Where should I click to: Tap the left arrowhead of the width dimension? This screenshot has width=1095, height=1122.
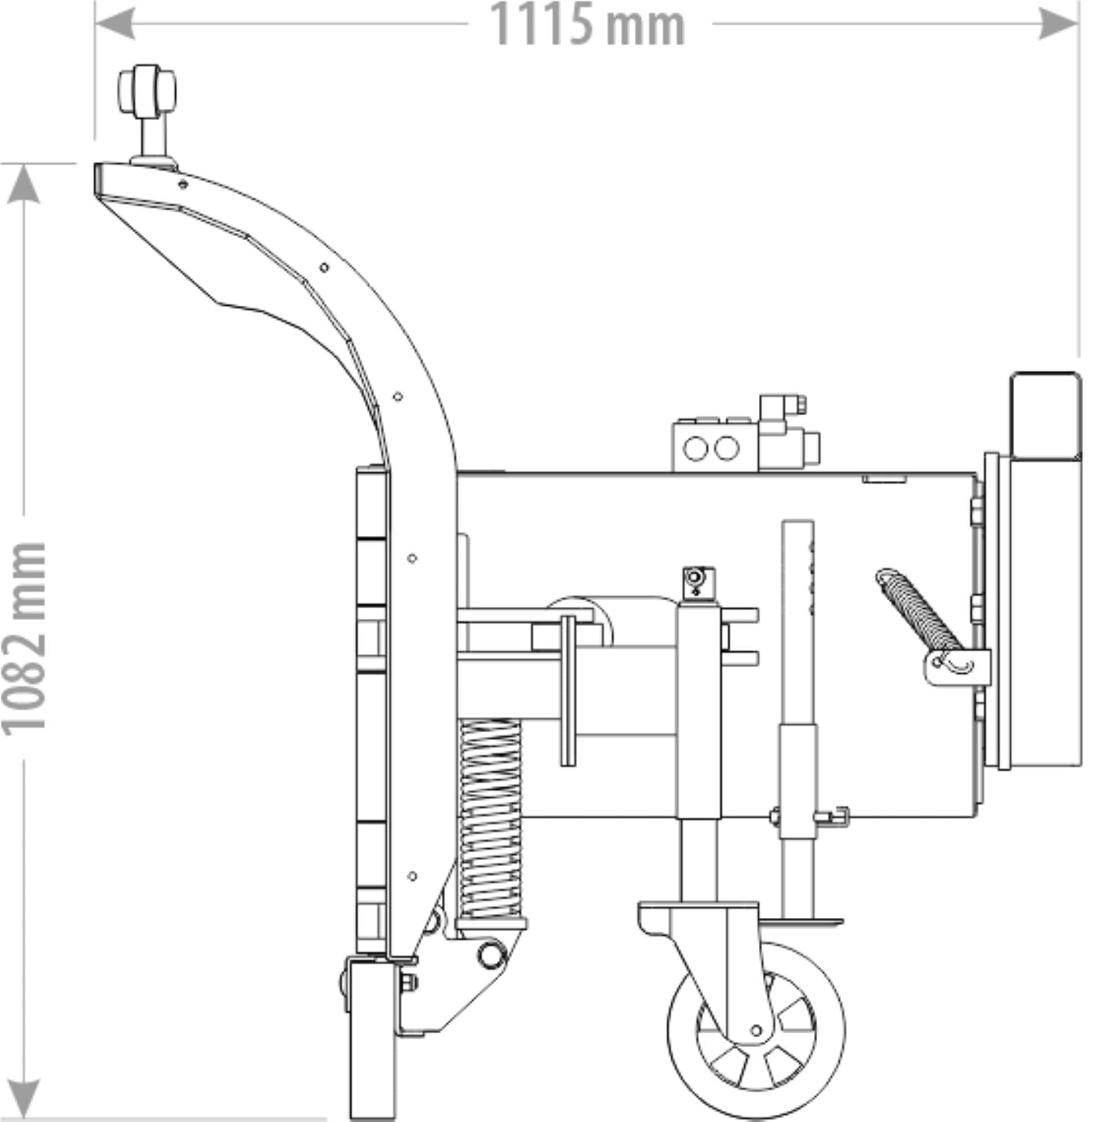pyautogui.click(x=115, y=24)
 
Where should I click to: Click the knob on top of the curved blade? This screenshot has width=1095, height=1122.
pyautogui.click(x=146, y=91)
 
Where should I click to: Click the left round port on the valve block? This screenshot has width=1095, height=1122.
pyautogui.click(x=695, y=448)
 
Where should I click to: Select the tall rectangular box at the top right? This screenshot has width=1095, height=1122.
pyautogui.click(x=1045, y=415)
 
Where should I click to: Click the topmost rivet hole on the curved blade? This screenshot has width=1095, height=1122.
pyautogui.click(x=183, y=185)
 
